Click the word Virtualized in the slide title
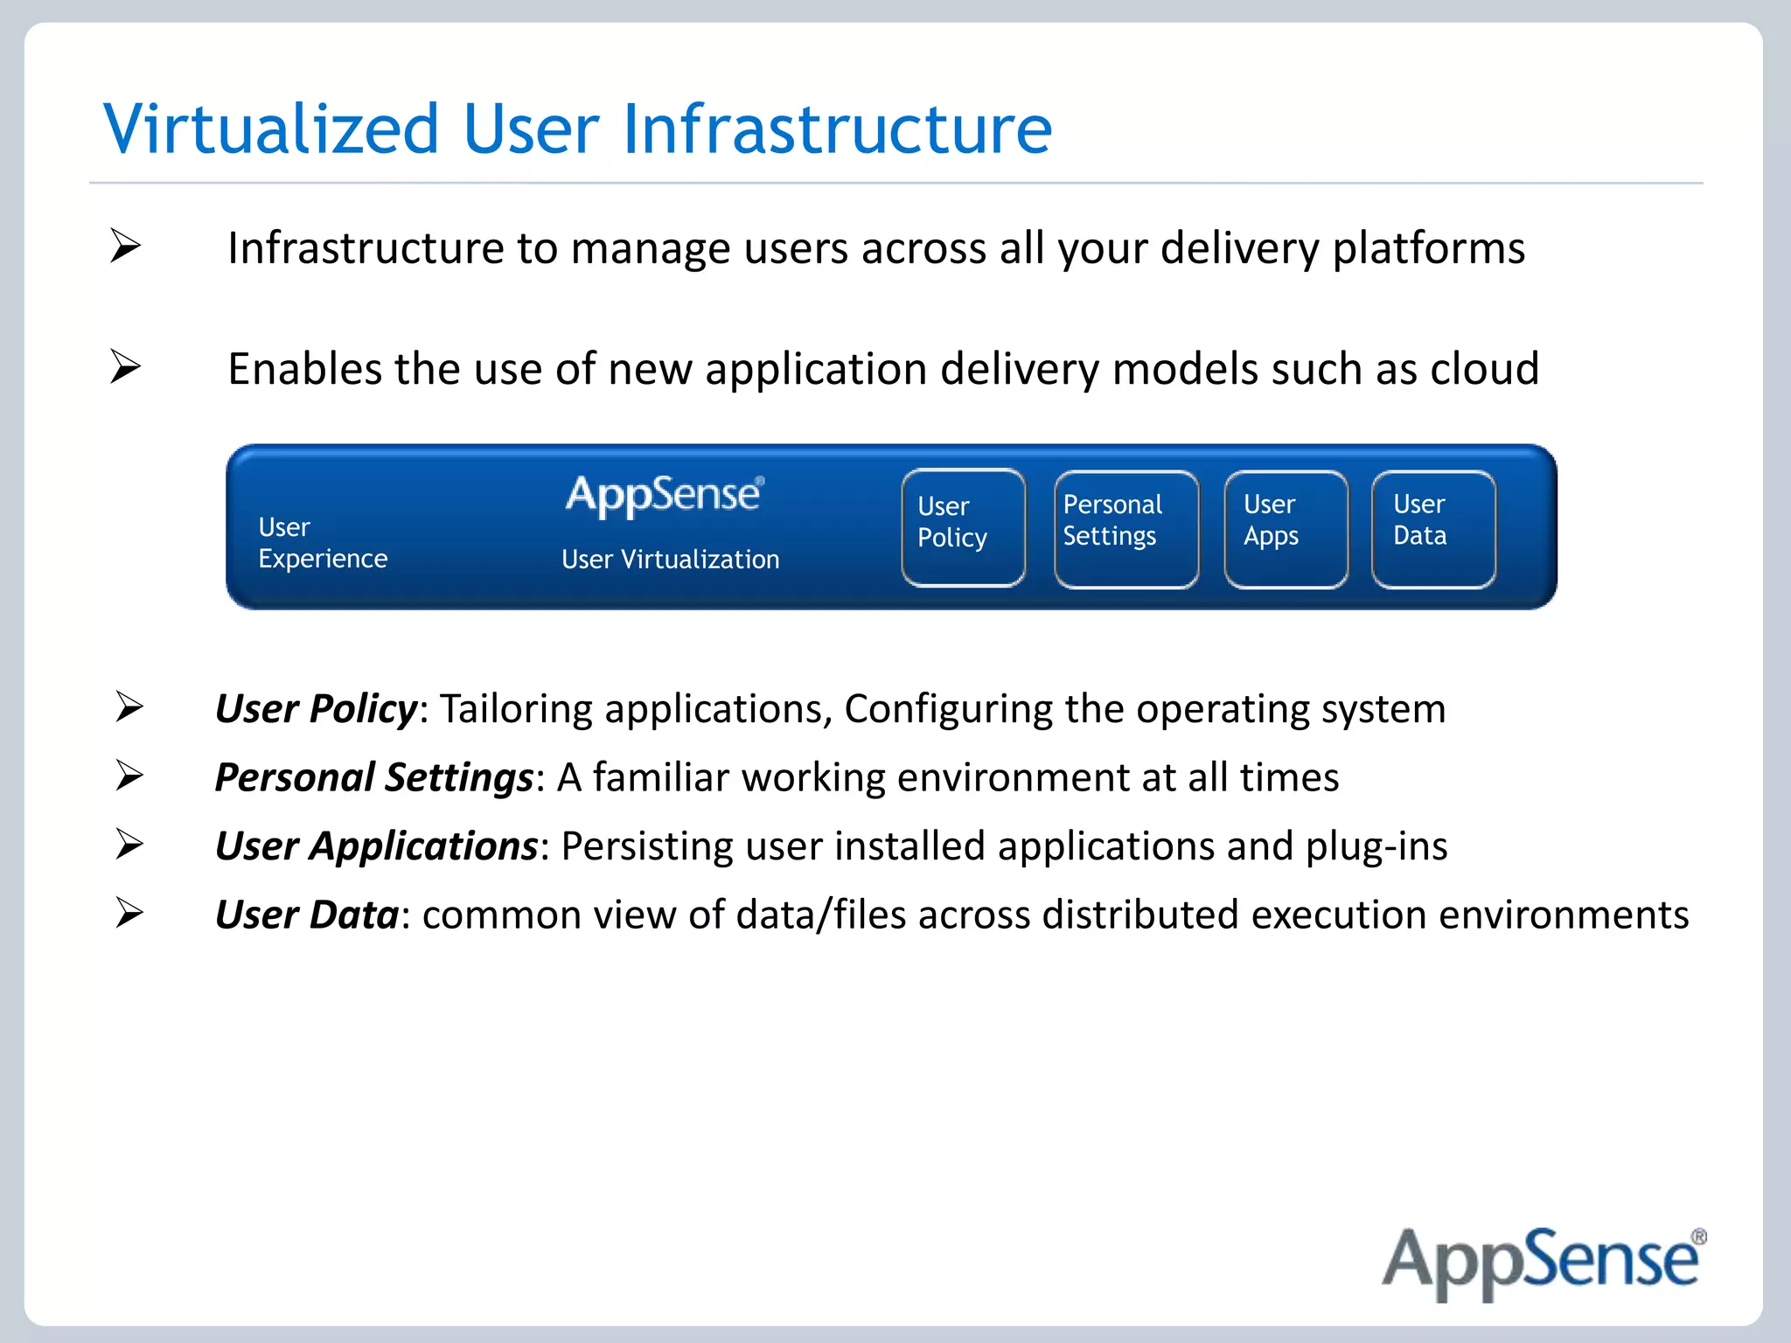point(271,129)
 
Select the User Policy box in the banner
point(963,527)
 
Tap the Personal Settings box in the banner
point(1125,528)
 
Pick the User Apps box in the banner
point(1286,528)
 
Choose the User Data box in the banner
point(1433,528)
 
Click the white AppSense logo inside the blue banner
point(665,496)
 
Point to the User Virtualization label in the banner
point(670,560)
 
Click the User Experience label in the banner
point(322,543)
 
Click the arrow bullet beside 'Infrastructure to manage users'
point(126,246)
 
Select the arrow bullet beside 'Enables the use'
point(126,366)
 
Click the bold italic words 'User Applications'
point(376,846)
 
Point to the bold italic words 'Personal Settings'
point(373,777)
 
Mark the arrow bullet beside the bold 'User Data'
point(129,914)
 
